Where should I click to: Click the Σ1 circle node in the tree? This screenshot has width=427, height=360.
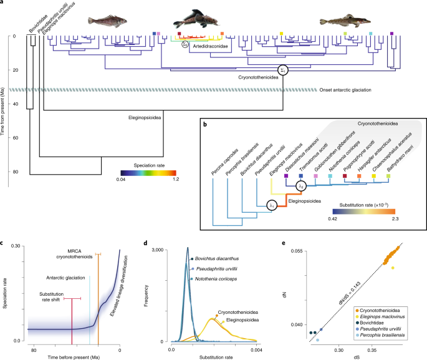tap(284, 70)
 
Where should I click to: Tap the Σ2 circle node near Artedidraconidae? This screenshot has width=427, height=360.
tap(185, 44)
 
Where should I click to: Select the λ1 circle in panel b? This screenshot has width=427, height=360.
tap(272, 205)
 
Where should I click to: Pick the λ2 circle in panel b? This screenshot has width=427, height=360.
tap(301, 185)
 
